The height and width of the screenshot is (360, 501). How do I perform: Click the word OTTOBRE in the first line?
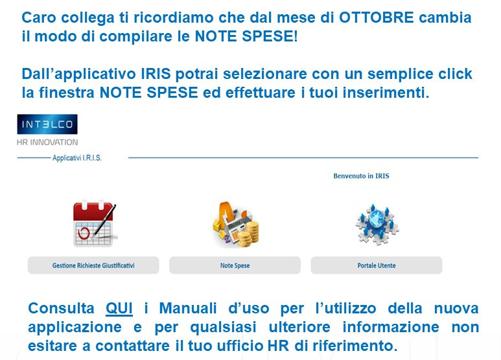(377, 17)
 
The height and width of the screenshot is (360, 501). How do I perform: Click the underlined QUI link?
(119, 309)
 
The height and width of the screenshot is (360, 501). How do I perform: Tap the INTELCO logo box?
(47, 124)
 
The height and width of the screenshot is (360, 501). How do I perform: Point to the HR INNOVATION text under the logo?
(47, 142)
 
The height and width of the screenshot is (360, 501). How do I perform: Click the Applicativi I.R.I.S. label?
(77, 158)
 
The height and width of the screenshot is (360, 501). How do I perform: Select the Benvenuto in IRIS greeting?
(362, 176)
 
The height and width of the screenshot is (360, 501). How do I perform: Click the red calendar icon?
(95, 224)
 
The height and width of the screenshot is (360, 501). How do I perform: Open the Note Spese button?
(235, 265)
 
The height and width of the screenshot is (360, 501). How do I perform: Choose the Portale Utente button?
(377, 265)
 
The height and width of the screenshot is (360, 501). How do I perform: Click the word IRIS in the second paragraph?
(156, 74)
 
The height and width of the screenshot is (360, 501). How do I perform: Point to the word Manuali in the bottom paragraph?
(188, 309)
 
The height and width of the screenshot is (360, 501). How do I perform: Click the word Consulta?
(61, 309)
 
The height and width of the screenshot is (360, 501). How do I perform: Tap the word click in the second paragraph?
(456, 74)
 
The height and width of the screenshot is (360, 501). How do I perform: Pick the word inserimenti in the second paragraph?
(386, 93)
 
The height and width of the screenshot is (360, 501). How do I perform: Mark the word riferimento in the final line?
(355, 346)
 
